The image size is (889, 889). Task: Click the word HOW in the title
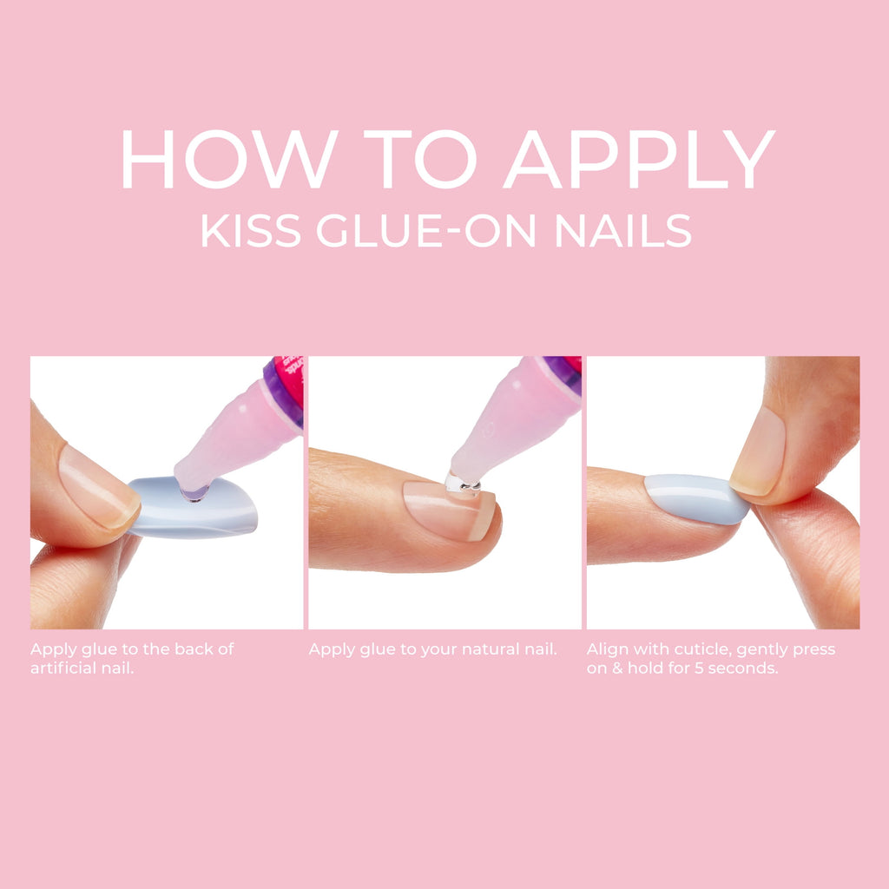coord(229,159)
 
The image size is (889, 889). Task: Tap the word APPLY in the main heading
coord(639,159)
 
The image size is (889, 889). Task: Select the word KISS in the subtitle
coord(251,231)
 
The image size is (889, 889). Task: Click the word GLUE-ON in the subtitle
coord(425,231)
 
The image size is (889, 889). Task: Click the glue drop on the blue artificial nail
coord(194,493)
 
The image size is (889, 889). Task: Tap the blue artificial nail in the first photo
coord(193,507)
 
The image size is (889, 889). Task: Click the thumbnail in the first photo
coord(98,488)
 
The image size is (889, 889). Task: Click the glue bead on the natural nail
coord(463,484)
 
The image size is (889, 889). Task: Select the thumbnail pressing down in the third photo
coord(758,451)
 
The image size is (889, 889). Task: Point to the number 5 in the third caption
coord(699,668)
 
